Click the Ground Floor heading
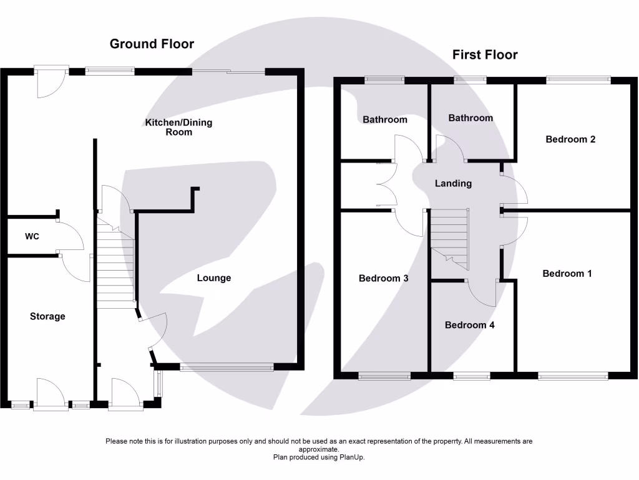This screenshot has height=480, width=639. point(152,44)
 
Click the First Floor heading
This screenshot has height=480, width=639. point(485,55)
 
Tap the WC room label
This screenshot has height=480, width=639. point(32,237)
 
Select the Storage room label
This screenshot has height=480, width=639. point(47,316)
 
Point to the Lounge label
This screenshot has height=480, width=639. point(214,278)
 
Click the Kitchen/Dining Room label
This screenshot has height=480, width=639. point(178,127)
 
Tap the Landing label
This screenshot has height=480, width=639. point(453,183)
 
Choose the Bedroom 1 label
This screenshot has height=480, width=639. point(567,274)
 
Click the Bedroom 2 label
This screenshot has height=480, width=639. point(570,139)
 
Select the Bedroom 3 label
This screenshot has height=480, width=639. point(384,278)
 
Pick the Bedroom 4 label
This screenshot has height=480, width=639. point(470,325)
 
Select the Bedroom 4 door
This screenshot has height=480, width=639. point(481,292)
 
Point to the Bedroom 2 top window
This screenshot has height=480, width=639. point(578,79)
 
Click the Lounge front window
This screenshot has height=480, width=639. point(227,367)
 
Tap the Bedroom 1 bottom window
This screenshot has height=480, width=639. point(573,376)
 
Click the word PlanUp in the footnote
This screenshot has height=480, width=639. point(351,457)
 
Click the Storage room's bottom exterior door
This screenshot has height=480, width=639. point(51,394)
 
